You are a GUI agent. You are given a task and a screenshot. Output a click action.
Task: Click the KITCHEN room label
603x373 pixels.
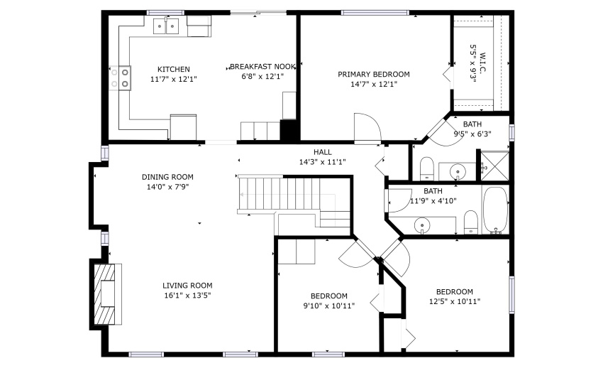(x=173, y=70)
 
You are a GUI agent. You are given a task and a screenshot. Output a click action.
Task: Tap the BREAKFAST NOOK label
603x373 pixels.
(x=262, y=67)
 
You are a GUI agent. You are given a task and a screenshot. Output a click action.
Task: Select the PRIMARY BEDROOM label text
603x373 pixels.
(x=373, y=75)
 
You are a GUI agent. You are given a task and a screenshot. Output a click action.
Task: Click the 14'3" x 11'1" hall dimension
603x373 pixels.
(x=322, y=162)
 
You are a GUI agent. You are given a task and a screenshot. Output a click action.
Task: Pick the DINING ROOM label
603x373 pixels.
(x=167, y=177)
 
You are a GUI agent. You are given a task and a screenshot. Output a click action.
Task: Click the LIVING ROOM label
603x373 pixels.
(x=187, y=286)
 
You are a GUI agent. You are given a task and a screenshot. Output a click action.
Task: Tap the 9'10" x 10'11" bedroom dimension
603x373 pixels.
(x=328, y=306)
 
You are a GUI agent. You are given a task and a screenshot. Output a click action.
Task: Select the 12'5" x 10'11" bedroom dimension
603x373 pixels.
(x=455, y=302)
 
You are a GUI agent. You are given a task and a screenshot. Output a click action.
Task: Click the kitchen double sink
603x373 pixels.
(x=167, y=26)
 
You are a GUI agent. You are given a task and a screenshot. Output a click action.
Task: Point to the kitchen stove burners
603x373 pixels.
(x=120, y=78)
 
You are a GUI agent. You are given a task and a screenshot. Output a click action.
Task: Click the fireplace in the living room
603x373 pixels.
(x=105, y=293)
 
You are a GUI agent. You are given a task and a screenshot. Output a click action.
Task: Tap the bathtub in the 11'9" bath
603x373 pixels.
(x=495, y=210)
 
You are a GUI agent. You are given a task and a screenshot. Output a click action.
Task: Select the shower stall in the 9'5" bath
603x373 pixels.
(x=494, y=166)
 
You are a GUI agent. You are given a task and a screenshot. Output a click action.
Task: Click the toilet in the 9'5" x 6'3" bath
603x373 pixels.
(x=426, y=168)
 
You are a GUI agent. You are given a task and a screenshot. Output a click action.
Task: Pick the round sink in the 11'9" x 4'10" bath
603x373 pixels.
(x=422, y=225)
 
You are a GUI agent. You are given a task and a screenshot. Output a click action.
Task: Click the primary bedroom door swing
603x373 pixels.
(x=367, y=127)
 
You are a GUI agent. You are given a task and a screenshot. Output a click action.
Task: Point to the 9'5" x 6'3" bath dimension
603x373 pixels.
(x=472, y=134)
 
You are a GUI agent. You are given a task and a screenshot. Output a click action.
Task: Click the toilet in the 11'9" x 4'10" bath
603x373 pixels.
(x=471, y=222)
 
